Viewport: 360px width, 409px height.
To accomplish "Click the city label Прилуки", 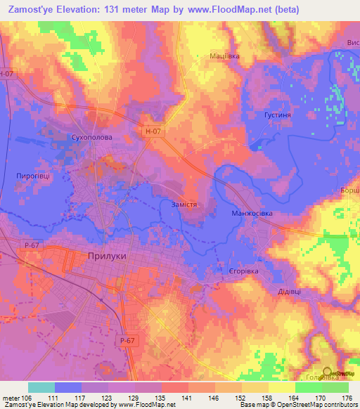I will [x=107, y=257].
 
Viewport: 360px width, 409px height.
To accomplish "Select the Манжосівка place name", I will [x=251, y=213].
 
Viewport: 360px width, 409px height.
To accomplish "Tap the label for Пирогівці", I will [x=32, y=177].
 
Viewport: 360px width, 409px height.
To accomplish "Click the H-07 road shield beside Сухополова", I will [x=154, y=130].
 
